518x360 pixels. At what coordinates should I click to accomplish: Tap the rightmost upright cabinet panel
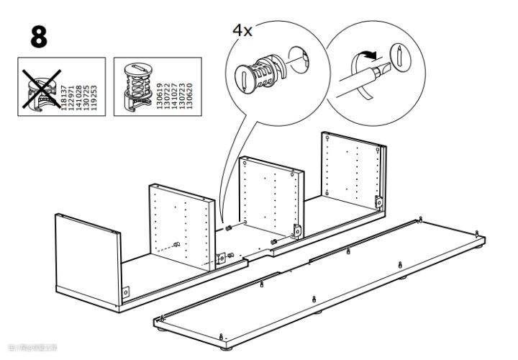pyautogui.click(x=353, y=173)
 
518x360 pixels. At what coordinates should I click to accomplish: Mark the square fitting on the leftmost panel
pyautogui.click(x=127, y=292)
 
